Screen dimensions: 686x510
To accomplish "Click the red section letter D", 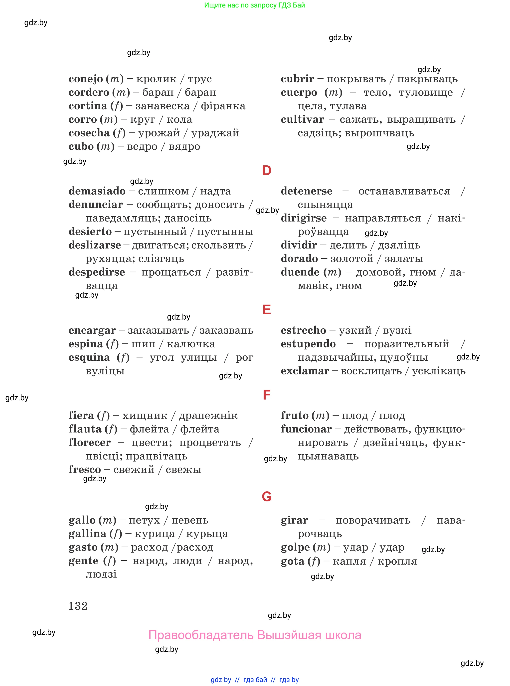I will click(266, 171).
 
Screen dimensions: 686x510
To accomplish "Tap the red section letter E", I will click(266, 310).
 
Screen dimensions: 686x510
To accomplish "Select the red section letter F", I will click(266, 395).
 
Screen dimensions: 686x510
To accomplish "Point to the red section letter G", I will click(266, 496).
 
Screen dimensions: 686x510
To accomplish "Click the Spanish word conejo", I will click(86, 79).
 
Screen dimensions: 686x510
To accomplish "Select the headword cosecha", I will click(89, 133).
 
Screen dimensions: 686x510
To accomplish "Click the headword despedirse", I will click(97, 272).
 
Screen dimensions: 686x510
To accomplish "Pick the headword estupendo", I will click(308, 343).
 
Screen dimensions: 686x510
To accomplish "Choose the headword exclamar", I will click(305, 371).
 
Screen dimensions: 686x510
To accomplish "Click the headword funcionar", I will click(306, 429).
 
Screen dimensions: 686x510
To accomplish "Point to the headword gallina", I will click(87, 533).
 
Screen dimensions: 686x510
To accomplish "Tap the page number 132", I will click(78, 606).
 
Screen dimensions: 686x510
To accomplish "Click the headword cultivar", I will click(302, 119).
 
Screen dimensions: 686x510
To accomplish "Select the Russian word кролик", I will click(156, 79).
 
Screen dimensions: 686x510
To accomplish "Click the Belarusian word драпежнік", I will click(208, 416).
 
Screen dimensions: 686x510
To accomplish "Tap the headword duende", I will click(300, 272).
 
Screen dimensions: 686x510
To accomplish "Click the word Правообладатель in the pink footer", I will click(201, 635).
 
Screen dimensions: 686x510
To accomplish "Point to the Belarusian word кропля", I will click(397, 561).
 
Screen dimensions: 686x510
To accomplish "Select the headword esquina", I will click(89, 357).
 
